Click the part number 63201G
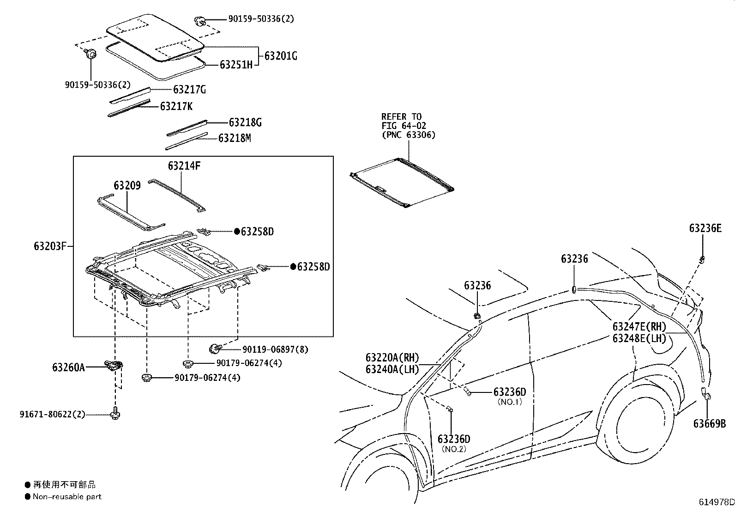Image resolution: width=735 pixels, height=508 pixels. [281, 56]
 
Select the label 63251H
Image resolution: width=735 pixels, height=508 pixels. [236, 65]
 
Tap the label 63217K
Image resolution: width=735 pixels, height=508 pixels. [176, 107]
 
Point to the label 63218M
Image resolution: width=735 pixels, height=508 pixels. [235, 138]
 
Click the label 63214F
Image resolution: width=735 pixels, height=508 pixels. [184, 165]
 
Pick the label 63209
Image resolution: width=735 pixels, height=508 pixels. [127, 186]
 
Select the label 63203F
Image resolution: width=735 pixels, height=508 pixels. [50, 246]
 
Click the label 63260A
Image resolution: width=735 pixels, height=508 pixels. [68, 367]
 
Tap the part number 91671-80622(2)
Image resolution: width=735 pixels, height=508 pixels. [53, 414]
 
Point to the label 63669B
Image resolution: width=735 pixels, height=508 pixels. [709, 423]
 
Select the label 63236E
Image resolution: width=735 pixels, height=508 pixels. [705, 228]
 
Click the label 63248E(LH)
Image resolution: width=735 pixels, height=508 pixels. [639, 338]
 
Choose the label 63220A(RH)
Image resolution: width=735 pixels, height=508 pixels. [392, 358]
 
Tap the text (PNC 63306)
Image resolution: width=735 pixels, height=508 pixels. [409, 135]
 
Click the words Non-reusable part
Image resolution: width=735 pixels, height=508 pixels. [67, 497]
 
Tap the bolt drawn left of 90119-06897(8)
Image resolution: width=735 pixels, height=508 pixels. [215, 347]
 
